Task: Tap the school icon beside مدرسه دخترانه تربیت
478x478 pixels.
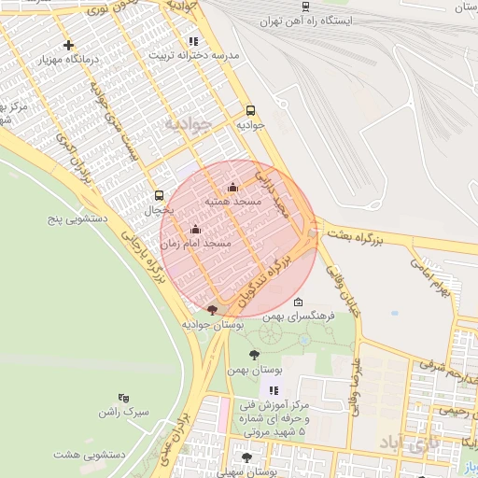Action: pos(193,41)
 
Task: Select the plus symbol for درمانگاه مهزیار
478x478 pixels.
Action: pos(67,45)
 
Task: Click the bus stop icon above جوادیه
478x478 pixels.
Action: pos(250,110)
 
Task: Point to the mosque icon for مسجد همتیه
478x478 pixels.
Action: pos(232,188)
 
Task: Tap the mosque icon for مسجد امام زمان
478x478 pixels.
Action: pos(195,229)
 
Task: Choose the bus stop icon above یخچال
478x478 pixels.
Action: pos(158,196)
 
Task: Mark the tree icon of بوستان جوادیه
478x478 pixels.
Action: pos(213,310)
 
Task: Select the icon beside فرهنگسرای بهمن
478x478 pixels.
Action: pos(298,302)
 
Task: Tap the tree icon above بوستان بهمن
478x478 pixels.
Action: pos(254,354)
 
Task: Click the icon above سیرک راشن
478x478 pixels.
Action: pos(125,398)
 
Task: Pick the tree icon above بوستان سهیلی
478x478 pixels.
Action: pos(246,458)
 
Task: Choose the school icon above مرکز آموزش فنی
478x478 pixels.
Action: pos(273,391)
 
